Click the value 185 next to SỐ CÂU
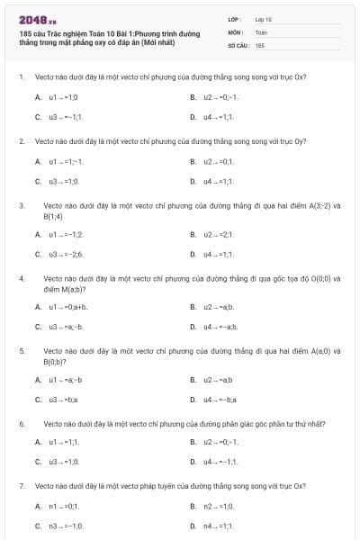tap(259, 44)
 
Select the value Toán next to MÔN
tap(261, 31)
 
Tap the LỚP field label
tap(235, 19)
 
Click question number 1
tap(21, 77)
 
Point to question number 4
tap(21, 279)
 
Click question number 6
tap(21, 422)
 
